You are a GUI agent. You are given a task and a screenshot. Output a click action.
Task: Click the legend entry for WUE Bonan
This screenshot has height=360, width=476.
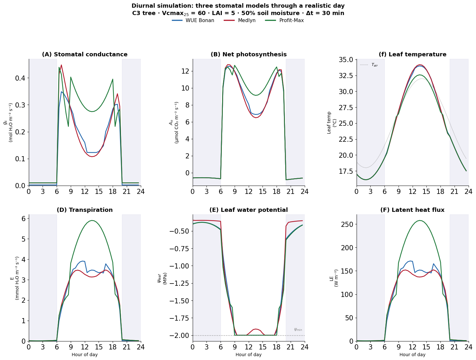(x=200, y=20)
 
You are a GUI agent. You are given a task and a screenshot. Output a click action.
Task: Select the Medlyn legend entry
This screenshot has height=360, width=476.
(x=246, y=20)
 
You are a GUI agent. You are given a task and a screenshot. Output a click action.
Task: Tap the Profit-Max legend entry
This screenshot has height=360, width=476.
(x=291, y=20)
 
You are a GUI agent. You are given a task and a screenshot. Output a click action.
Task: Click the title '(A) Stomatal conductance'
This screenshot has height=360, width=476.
(x=85, y=54)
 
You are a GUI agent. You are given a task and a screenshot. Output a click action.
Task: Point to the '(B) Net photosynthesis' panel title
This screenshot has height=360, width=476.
(x=248, y=54)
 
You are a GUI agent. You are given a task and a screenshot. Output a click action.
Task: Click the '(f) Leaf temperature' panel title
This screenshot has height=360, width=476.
(x=412, y=54)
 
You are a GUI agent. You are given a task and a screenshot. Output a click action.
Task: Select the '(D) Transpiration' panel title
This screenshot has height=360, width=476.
(x=85, y=210)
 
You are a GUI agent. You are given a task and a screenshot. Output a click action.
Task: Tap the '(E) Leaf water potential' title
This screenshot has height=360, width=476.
(x=248, y=210)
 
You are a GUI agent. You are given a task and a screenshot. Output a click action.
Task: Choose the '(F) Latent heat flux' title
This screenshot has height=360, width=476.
(x=412, y=210)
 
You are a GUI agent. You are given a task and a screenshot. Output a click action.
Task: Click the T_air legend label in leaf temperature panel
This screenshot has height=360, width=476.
(x=374, y=65)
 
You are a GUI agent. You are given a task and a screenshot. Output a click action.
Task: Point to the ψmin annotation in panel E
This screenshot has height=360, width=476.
(x=298, y=330)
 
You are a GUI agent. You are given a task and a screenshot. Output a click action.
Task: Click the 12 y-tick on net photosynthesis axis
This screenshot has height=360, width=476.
(x=185, y=71)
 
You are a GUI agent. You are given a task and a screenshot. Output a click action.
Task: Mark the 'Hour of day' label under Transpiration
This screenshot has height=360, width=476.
(x=85, y=355)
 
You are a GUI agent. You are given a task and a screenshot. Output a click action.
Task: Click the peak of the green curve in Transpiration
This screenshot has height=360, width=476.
(x=92, y=220)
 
